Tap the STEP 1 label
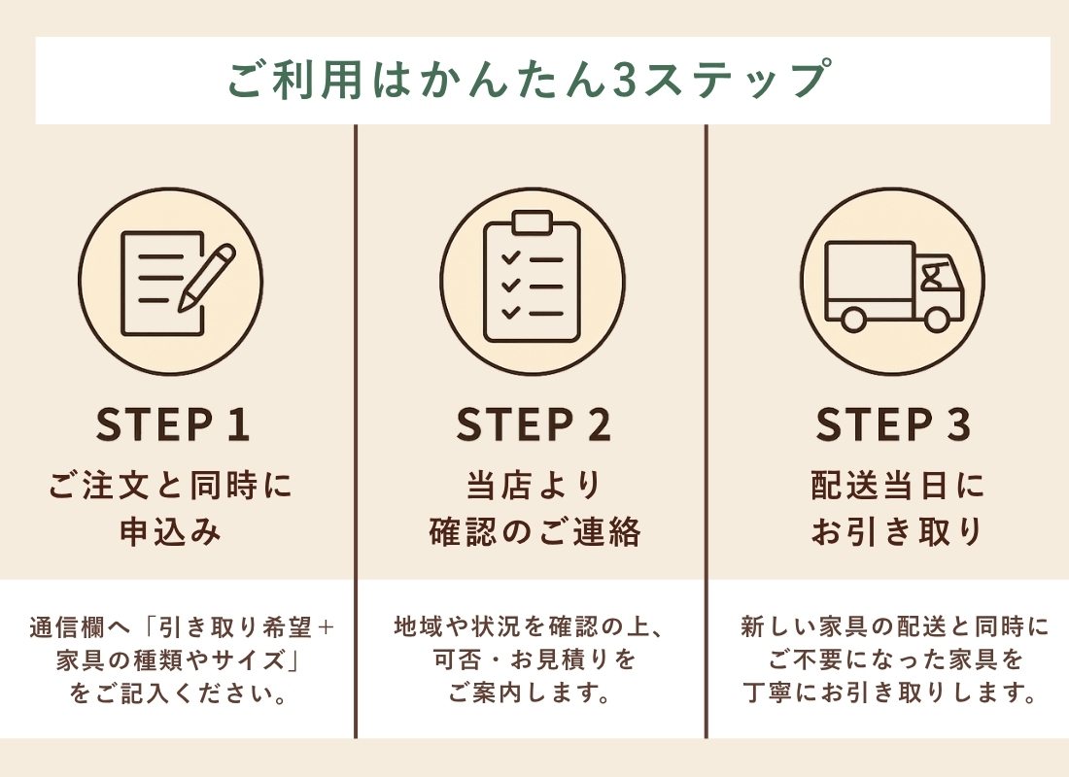(x=174, y=425)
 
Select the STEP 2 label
(x=534, y=425)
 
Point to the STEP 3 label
(x=893, y=425)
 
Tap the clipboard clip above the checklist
(x=532, y=222)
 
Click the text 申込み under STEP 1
(x=171, y=532)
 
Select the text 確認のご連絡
(x=534, y=532)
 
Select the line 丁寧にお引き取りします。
(x=893, y=695)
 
